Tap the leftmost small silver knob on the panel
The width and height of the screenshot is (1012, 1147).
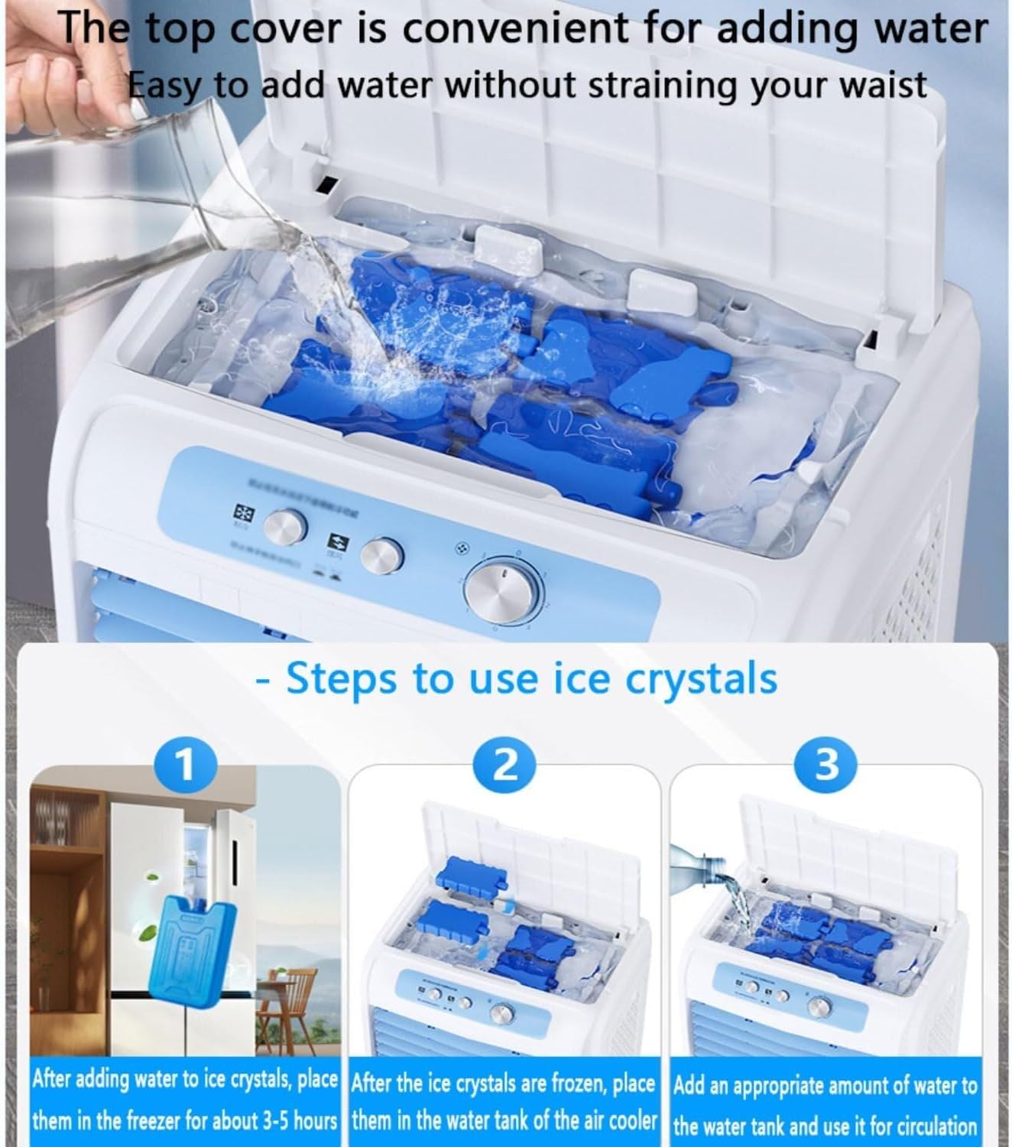[x=286, y=527]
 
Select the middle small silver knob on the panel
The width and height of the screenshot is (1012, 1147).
[x=382, y=555]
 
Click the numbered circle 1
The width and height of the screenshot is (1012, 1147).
[x=185, y=765]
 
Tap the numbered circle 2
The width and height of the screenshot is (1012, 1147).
[x=504, y=765]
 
